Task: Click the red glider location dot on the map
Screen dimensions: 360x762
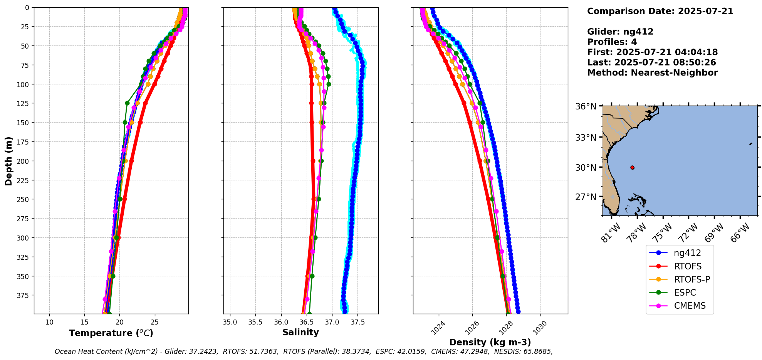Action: (x=632, y=167)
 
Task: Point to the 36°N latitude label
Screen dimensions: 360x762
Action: (x=586, y=106)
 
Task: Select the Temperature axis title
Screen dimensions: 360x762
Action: (x=111, y=333)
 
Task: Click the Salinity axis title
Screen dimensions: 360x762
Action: (x=300, y=332)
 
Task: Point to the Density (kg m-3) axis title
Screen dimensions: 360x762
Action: (x=490, y=342)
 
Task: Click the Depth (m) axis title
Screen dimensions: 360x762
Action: (x=8, y=161)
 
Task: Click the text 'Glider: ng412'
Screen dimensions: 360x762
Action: (x=620, y=32)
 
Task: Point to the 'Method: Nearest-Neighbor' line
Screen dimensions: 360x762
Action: (x=652, y=72)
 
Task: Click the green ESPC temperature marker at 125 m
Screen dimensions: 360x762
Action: (x=127, y=103)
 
